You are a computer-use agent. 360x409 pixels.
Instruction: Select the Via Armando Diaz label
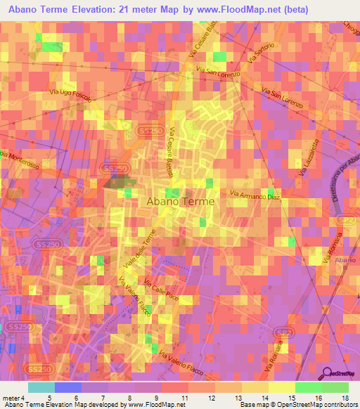[x=255, y=195]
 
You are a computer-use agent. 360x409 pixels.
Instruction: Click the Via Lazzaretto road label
[x=309, y=158]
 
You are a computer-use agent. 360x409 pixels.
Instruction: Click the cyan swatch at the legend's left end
[x=41, y=387]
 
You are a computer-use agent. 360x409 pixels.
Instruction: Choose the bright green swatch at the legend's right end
[x=335, y=387]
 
